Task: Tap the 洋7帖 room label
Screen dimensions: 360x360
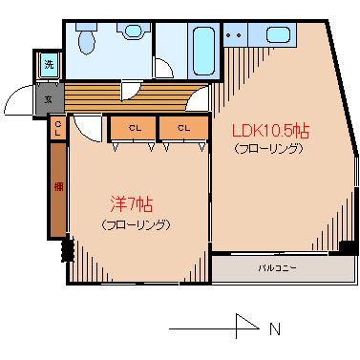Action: point(131,204)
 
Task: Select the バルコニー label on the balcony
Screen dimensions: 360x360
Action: point(277,267)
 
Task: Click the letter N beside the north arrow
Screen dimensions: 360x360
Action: point(274,329)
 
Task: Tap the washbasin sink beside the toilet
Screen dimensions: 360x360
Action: point(131,32)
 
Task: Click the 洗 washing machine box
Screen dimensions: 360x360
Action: point(49,65)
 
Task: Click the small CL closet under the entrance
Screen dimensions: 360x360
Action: point(58,128)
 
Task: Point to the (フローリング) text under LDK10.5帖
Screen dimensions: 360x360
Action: point(268,149)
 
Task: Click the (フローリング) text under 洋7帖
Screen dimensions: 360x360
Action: point(135,225)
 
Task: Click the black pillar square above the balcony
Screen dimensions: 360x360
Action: point(346,248)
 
